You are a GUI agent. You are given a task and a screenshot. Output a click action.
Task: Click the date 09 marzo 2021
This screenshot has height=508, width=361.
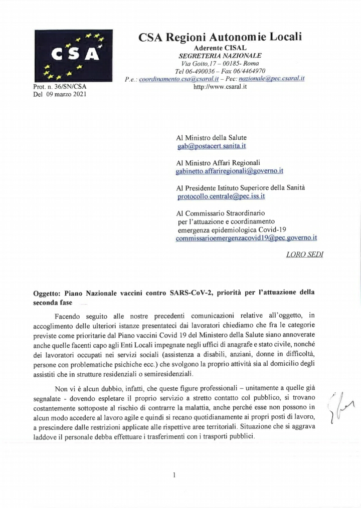[65, 95]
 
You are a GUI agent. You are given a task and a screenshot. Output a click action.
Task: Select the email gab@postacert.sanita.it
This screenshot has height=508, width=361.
[212, 146]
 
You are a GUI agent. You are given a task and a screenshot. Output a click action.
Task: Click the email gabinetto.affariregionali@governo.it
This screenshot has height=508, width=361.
[230, 171]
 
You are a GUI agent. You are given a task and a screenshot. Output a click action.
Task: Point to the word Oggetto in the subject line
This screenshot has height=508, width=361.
[47, 293]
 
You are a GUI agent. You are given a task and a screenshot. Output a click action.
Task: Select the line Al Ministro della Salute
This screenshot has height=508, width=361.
[211, 137]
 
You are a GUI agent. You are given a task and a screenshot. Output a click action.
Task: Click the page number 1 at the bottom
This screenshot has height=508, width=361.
[174, 474]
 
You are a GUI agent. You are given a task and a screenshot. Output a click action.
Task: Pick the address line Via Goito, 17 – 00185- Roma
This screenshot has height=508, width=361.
[220, 63]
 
